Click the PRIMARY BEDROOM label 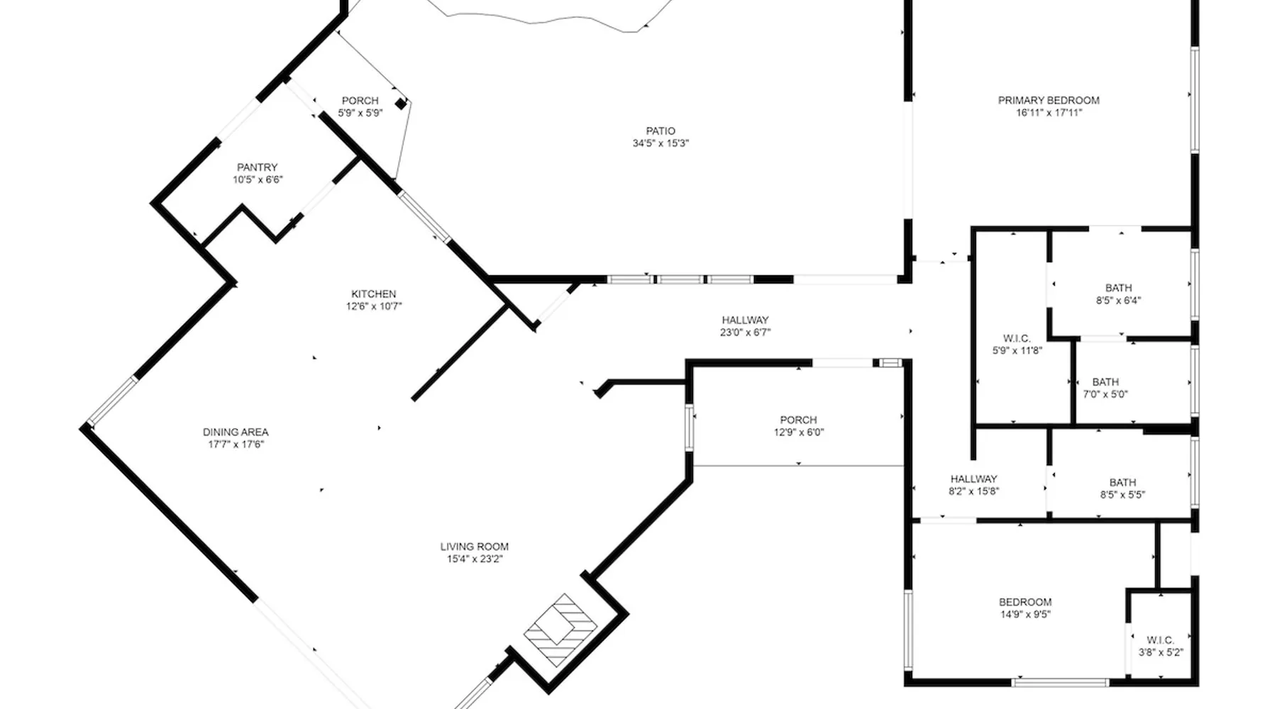(x=1049, y=101)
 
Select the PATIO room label (x=660, y=131)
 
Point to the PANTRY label (x=258, y=168)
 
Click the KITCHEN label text (x=374, y=294)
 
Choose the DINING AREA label (x=236, y=432)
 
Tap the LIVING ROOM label (x=475, y=547)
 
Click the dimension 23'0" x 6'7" (x=746, y=333)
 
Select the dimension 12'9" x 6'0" (x=799, y=432)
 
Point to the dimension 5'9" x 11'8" (x=1017, y=350)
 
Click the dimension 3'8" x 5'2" (x=1161, y=653)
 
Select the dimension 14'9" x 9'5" (x=1026, y=615)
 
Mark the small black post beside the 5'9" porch (x=401, y=104)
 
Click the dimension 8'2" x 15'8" (x=974, y=491)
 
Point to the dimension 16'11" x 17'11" (x=1049, y=113)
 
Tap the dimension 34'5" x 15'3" (x=661, y=143)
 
